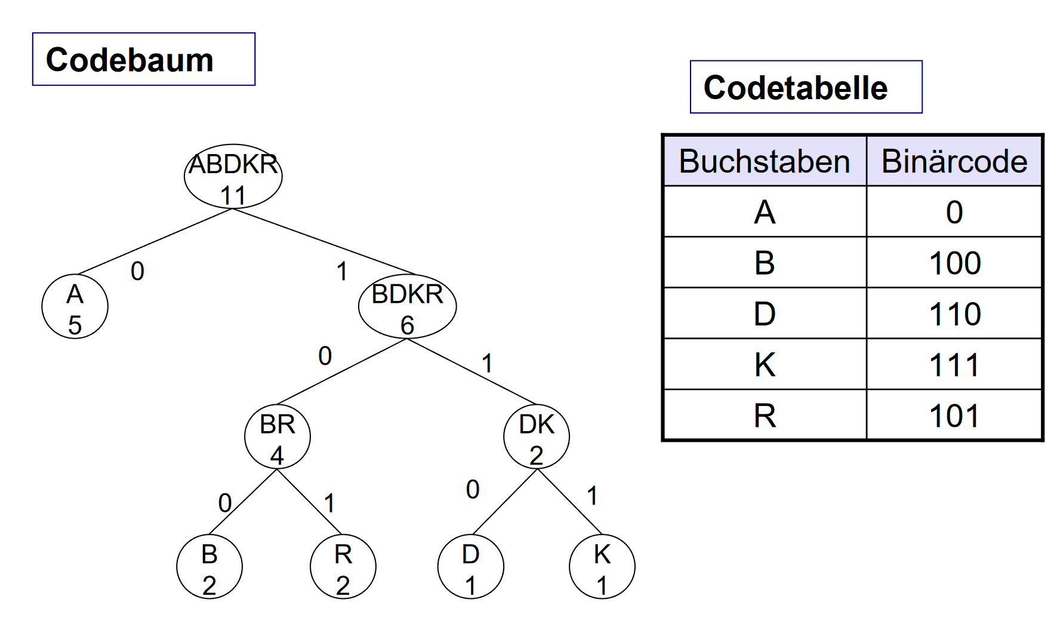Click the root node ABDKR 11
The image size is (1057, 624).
click(x=233, y=177)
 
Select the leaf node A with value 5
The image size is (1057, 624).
click(x=75, y=307)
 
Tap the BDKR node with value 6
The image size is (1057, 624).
click(x=407, y=307)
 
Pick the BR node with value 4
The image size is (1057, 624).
click(x=277, y=437)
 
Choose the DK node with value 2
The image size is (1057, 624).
click(x=536, y=437)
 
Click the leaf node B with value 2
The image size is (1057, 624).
click(x=209, y=567)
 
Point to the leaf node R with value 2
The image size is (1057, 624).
click(x=343, y=567)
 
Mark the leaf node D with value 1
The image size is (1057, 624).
click(x=470, y=567)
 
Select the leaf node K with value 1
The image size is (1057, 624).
click(x=602, y=567)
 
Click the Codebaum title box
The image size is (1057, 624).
click(x=144, y=59)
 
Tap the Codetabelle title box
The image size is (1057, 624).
click(x=806, y=87)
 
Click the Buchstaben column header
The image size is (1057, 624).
click(x=765, y=161)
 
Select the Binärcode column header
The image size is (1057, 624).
click(x=954, y=161)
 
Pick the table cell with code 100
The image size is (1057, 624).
click(x=954, y=263)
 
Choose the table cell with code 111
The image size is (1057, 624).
click(x=954, y=365)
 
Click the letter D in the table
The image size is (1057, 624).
click(x=765, y=313)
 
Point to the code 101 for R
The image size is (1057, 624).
click(x=954, y=416)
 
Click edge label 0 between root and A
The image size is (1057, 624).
click(x=137, y=271)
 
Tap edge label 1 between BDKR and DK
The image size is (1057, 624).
click(x=487, y=363)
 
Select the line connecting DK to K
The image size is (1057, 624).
click(x=570, y=502)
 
